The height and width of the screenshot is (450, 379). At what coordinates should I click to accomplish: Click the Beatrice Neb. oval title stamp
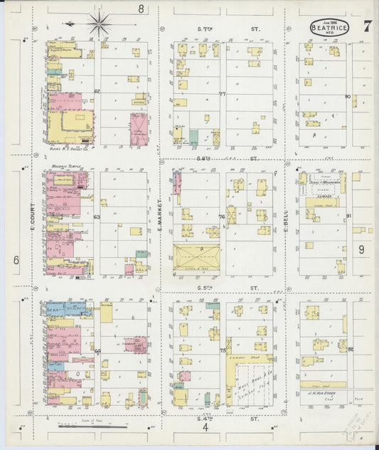pos(330,28)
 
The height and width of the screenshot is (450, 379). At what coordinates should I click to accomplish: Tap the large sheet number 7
pos(367,27)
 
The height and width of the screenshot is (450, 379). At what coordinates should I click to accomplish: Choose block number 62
pos(97,92)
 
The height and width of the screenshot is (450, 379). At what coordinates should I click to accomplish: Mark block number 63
pos(97,216)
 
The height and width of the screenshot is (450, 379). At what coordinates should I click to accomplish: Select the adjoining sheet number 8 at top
pos(142,9)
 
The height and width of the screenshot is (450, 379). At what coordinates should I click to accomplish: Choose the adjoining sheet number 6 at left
pos(16,261)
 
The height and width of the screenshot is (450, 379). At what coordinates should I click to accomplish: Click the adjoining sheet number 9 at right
pos(361,249)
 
